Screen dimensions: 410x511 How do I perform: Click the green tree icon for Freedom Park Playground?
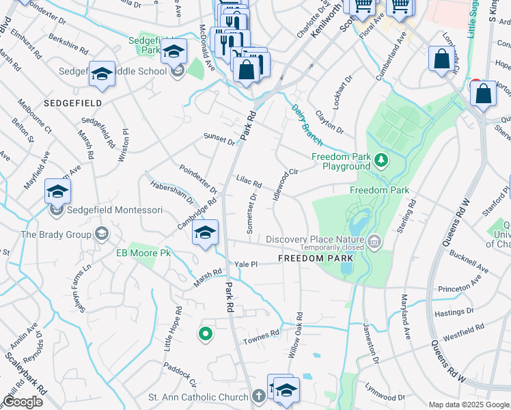(x=381, y=161)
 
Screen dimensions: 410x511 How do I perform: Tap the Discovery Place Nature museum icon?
(x=374, y=241)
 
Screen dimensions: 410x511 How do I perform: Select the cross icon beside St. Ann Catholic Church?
(x=258, y=396)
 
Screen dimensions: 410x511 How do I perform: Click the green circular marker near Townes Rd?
(x=204, y=334)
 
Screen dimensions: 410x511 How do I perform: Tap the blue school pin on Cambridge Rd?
(x=205, y=234)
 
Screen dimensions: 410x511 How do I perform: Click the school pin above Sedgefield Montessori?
(x=58, y=192)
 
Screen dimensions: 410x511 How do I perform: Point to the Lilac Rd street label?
(x=249, y=184)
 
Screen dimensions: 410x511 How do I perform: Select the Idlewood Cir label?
(x=286, y=181)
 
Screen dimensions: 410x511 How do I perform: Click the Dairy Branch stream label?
(x=307, y=124)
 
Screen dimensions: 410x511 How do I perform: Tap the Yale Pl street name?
(x=245, y=264)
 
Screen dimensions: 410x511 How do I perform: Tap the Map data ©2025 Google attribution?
(x=469, y=405)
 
